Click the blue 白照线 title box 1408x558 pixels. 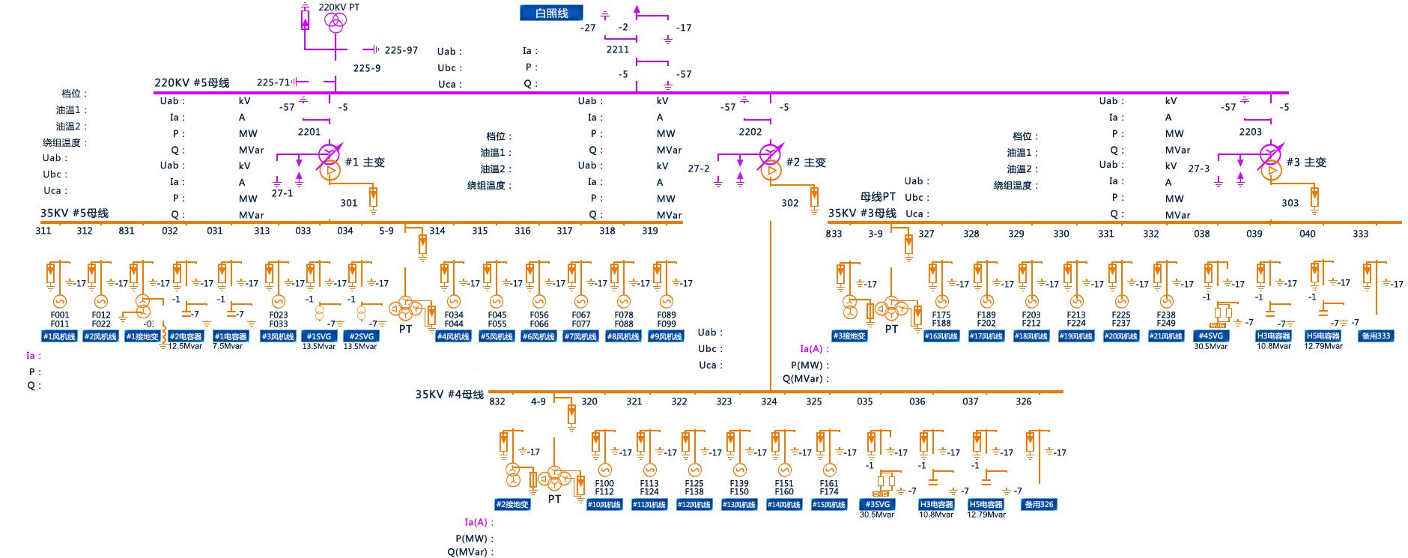click(551, 13)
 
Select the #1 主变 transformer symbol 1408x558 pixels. click(330, 163)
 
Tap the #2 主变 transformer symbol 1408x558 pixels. click(771, 163)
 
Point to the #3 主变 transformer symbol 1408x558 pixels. click(1271, 163)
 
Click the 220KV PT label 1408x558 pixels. click(339, 7)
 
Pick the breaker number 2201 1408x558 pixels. click(309, 132)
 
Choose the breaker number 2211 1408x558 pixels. click(618, 49)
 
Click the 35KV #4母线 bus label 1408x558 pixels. click(449, 394)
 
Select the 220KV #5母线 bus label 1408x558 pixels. click(192, 82)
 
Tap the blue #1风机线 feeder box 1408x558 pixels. click(59, 336)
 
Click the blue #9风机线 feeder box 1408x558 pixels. click(666, 336)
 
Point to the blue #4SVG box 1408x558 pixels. click(1211, 336)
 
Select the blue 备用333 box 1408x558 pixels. click(1376, 336)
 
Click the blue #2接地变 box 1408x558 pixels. click(512, 504)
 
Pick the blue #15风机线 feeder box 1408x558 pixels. click(829, 504)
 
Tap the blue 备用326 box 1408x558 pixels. click(1039, 504)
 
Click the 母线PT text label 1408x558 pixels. click(878, 196)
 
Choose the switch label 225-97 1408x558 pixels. click(401, 50)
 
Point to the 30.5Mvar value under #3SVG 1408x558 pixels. click(877, 515)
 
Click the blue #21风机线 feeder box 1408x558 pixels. click(1166, 336)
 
